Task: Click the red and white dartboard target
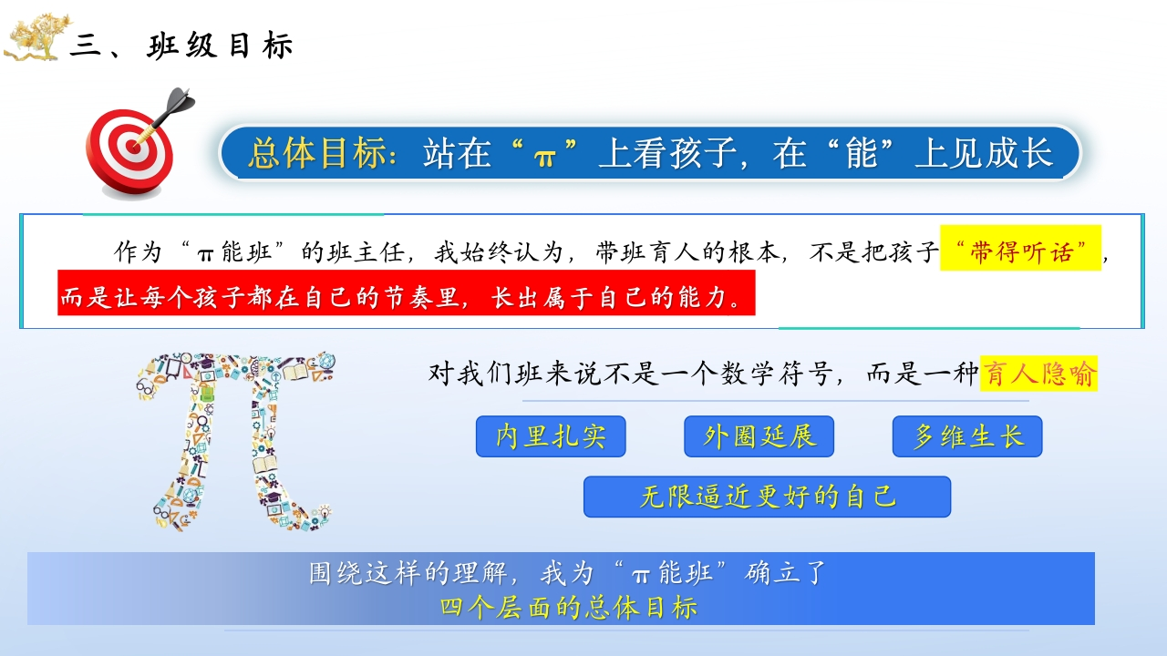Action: (x=129, y=151)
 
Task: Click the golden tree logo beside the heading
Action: (x=36, y=37)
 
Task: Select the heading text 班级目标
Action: (x=220, y=46)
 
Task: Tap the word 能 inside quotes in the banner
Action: (x=862, y=153)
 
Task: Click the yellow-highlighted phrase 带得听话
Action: (x=1020, y=252)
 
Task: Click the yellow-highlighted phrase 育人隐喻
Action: (x=1038, y=374)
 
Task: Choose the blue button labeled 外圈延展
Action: (x=759, y=436)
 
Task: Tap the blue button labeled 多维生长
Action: (x=967, y=436)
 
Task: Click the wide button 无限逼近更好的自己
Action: (x=767, y=497)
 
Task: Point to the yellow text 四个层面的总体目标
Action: (x=569, y=608)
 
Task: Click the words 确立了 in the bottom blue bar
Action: (x=786, y=573)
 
